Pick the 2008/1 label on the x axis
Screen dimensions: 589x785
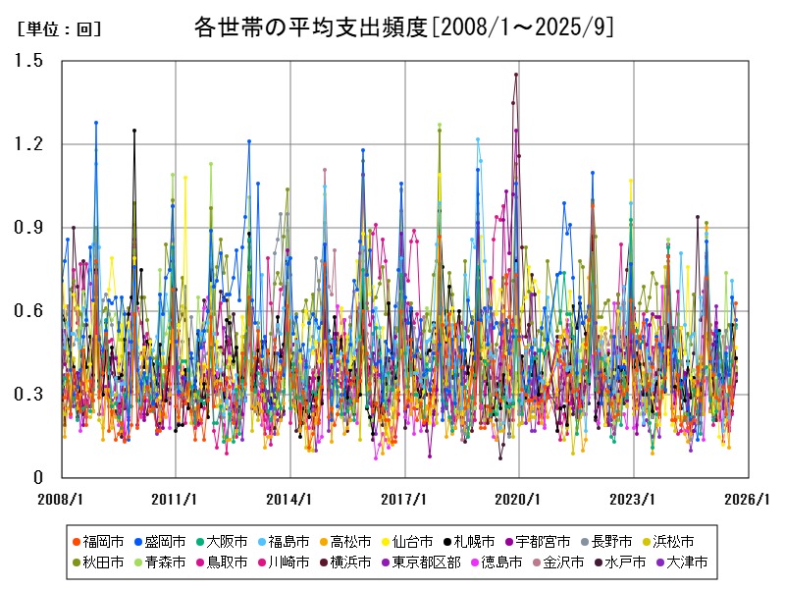point(61,499)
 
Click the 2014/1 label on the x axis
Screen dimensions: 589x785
point(290,499)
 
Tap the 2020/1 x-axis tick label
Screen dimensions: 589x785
point(519,499)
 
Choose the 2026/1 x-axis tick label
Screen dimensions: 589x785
point(748,499)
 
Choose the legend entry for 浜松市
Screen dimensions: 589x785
point(673,541)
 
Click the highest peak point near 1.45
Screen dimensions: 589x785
point(516,75)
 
